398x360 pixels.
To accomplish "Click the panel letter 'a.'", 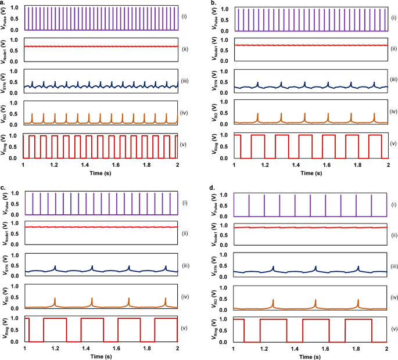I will (4, 4).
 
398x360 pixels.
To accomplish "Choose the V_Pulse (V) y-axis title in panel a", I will (5, 18).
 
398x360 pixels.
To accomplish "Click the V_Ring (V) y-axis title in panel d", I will (214, 328).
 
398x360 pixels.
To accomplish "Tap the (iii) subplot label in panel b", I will (393, 79).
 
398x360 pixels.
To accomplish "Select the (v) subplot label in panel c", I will (186, 329).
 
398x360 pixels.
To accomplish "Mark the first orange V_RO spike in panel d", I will (273, 302).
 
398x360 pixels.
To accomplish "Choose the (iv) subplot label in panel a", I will (185, 110).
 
